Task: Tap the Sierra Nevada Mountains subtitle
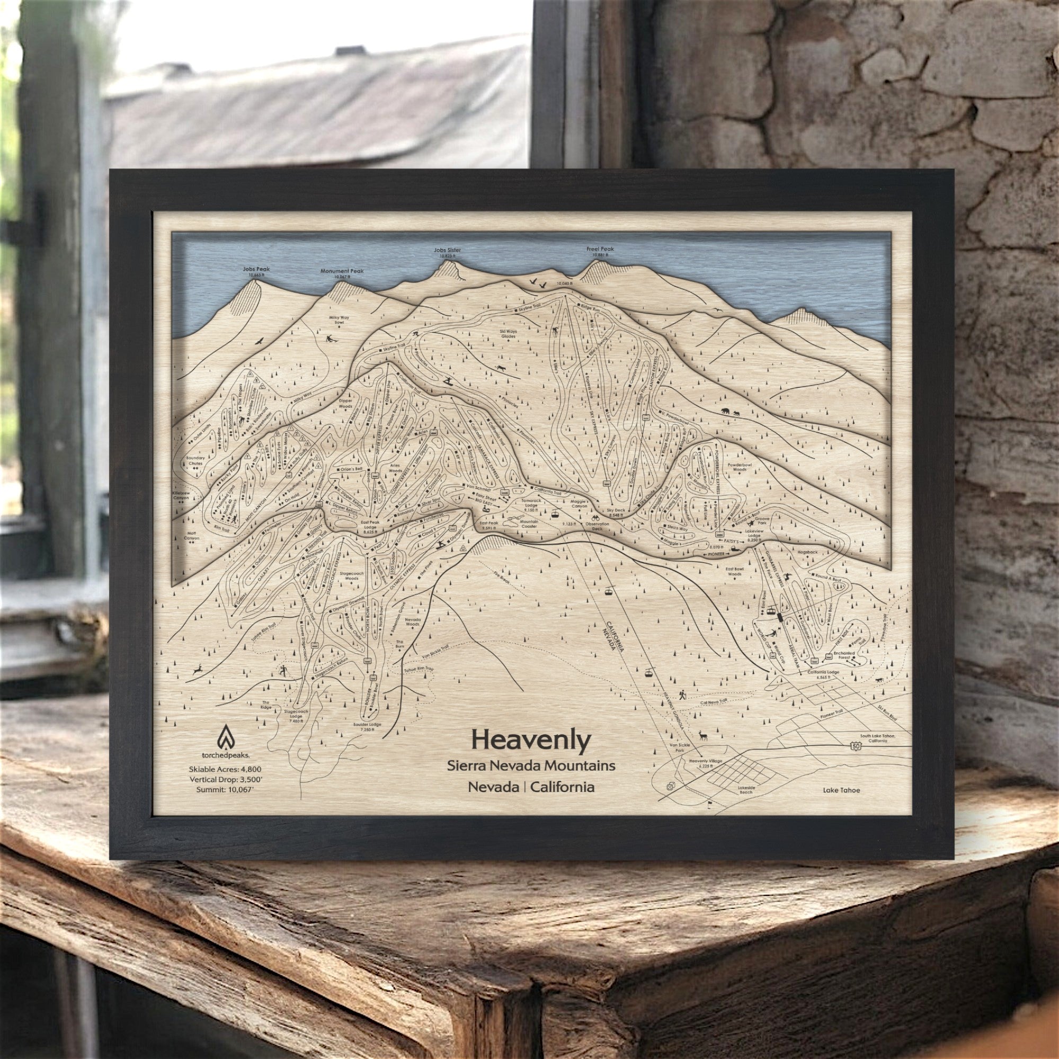(531, 766)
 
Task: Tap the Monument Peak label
(342, 271)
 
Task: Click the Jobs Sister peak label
(447, 250)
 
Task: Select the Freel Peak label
(600, 249)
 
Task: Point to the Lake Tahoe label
(841, 790)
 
